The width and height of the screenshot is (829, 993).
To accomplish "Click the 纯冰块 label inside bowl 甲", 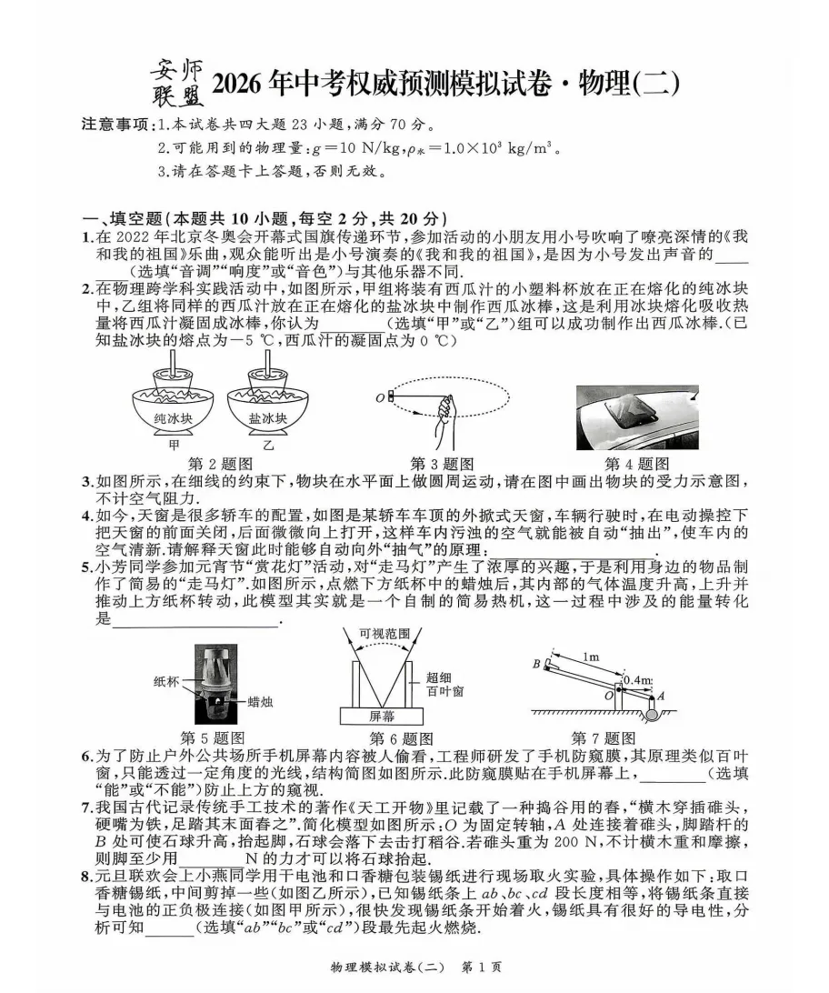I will (173, 418).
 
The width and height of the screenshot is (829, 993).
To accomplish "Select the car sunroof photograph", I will (637, 417).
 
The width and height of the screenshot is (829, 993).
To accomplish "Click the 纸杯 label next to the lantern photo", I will (167, 679).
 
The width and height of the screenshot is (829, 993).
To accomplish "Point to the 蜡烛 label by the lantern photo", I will (261, 702).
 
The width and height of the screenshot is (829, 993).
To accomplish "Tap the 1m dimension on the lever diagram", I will (591, 657).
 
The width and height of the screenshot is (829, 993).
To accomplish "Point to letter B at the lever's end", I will (536, 664).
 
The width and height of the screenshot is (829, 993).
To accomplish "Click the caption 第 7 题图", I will (603, 737).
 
